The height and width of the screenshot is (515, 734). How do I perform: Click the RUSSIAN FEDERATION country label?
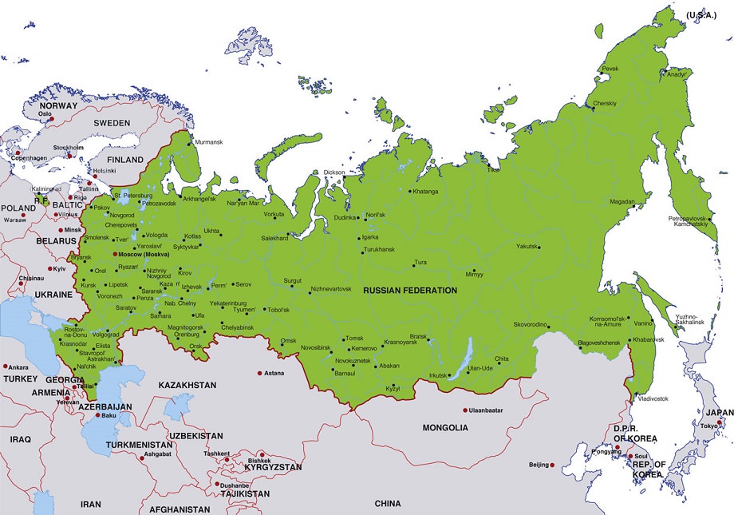410,291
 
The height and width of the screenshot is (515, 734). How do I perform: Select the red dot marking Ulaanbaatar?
465,410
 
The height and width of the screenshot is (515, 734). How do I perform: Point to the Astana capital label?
275,373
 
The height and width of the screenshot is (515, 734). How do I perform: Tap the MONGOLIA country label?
445,428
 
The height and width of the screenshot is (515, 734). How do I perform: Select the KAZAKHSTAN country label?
187,385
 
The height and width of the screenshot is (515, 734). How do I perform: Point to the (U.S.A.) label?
700,15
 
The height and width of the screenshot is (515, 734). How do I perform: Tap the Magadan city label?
622,202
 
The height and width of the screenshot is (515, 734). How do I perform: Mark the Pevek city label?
610,69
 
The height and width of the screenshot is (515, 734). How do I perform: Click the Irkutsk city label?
438,375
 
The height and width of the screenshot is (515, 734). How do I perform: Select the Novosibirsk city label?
299,348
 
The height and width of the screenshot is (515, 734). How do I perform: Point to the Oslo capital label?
45,113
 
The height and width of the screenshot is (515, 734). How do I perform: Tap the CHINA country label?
388,504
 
